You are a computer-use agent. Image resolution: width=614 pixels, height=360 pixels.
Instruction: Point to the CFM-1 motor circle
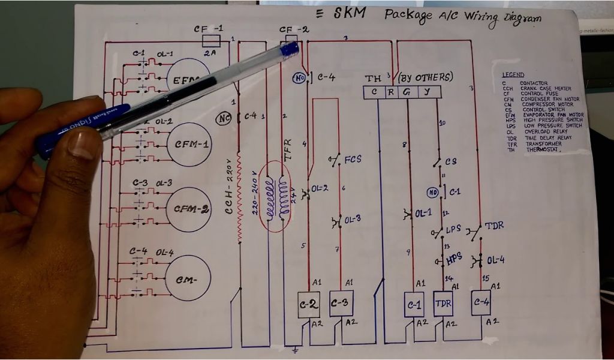190,145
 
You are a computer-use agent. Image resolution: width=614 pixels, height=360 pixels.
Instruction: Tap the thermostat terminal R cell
390,92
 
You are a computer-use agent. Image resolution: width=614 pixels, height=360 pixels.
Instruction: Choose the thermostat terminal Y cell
426,92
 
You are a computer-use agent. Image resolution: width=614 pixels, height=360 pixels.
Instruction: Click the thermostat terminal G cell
407,92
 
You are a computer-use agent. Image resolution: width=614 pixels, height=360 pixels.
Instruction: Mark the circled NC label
224,118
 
